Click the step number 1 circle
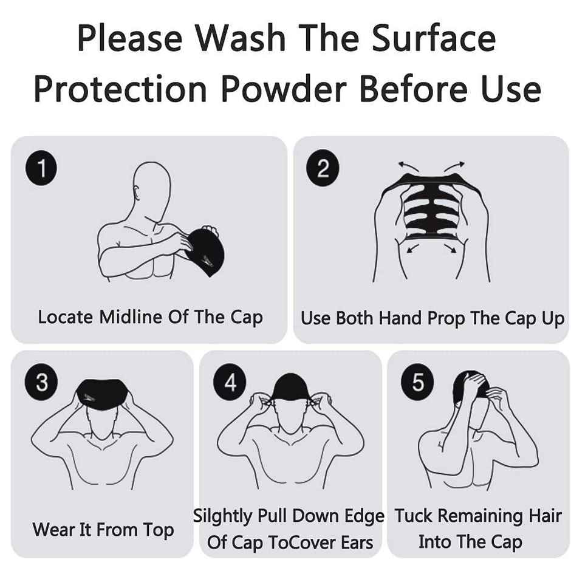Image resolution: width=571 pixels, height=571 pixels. coord(41,168)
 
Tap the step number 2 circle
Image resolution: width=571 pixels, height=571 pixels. coord(323,168)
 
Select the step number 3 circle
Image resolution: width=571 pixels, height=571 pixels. coord(41,382)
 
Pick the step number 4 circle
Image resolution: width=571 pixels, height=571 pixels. coord(230,382)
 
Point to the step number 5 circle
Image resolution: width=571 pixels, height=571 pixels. coord(417,382)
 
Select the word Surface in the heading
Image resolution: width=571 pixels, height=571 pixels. coord(434,38)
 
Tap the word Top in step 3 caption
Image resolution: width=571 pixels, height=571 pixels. coord(158,530)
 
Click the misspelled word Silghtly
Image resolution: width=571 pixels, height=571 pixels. coord(222,516)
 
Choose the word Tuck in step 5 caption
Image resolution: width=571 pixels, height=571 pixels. coord(414,516)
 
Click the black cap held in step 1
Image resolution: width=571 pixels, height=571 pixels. coord(205,251)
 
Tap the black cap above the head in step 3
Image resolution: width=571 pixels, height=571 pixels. coord(102,396)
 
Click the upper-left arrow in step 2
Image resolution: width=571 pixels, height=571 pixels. coord(408,167)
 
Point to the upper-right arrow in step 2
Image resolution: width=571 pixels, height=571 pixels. coord(454,167)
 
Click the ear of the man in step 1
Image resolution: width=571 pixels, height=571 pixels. coord(136,193)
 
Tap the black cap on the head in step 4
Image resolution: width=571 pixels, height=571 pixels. coord(290,388)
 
